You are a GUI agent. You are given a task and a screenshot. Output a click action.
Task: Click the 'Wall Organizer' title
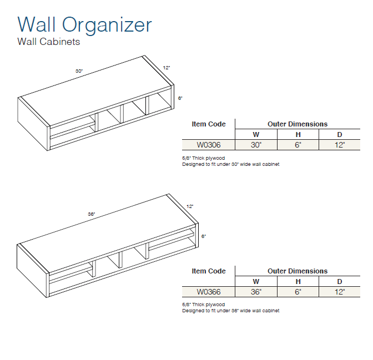click(x=85, y=26)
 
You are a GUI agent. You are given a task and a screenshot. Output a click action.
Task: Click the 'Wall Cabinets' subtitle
click(x=48, y=42)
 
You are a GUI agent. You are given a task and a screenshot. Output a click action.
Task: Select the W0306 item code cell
click(x=209, y=145)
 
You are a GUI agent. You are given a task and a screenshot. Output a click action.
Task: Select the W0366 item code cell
click(x=209, y=292)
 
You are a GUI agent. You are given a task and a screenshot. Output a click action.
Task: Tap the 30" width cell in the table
click(x=256, y=145)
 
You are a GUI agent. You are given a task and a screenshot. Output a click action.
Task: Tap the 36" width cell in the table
click(x=256, y=292)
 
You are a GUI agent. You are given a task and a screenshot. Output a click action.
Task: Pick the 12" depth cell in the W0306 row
click(x=340, y=145)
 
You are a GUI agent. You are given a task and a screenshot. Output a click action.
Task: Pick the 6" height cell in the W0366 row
click(x=298, y=292)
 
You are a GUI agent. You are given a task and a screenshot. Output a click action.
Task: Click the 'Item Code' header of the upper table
click(x=209, y=124)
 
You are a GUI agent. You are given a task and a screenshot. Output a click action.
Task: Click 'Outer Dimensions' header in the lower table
click(x=298, y=271)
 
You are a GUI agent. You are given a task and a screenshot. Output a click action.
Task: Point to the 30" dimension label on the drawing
click(x=79, y=71)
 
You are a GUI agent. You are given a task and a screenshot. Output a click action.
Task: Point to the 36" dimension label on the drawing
click(x=92, y=214)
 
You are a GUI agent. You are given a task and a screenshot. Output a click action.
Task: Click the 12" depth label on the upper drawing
click(x=167, y=68)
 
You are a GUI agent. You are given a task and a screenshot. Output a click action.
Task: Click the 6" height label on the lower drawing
click(x=204, y=236)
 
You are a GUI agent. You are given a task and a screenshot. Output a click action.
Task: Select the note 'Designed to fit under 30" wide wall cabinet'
click(x=231, y=164)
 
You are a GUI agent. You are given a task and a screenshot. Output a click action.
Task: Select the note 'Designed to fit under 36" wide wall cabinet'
click(x=231, y=311)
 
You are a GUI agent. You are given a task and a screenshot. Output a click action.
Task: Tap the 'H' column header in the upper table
click(x=298, y=135)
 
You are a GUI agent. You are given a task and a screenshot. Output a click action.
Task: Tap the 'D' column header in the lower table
click(x=340, y=282)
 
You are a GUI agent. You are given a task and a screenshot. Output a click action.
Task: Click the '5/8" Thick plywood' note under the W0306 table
click(x=203, y=158)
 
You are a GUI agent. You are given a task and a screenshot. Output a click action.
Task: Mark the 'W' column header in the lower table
click(x=256, y=282)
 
